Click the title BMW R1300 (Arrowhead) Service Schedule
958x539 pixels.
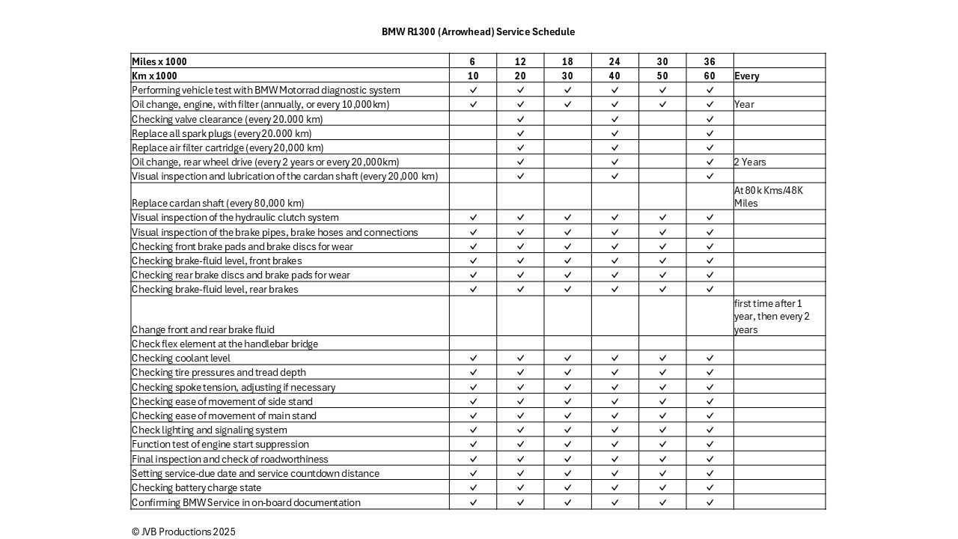click(478, 31)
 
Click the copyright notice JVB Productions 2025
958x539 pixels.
click(183, 532)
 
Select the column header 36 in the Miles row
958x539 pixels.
click(710, 61)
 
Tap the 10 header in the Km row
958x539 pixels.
click(473, 76)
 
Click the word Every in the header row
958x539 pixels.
click(747, 76)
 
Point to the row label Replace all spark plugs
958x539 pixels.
click(222, 133)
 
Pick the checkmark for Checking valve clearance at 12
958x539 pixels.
click(520, 119)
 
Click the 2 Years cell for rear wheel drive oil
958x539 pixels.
click(750, 162)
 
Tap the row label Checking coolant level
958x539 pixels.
click(181, 358)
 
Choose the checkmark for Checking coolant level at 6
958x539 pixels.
click(473, 358)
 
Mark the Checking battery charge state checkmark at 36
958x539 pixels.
click(710, 487)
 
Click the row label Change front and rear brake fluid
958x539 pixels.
click(203, 329)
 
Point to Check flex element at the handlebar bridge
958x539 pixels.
click(225, 344)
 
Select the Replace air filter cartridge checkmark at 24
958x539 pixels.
click(614, 147)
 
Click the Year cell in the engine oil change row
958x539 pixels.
click(744, 104)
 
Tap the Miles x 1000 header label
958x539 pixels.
click(159, 61)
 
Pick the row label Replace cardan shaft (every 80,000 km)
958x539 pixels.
click(218, 203)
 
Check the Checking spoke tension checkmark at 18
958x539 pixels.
click(567, 387)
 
